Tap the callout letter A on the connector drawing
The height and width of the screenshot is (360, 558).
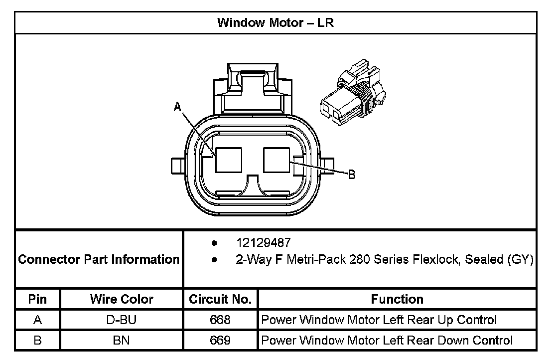177,106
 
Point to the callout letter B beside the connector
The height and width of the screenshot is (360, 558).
351,175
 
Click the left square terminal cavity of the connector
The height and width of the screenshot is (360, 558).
229,160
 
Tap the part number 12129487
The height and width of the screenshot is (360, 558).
263,243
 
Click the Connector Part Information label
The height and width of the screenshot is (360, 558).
99,259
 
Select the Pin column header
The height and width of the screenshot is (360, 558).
37,299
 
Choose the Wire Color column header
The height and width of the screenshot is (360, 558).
122,299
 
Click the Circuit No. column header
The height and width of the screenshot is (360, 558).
220,299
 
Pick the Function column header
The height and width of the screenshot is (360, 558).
397,299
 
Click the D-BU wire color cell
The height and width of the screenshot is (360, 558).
122,320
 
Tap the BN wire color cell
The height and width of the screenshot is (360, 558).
122,341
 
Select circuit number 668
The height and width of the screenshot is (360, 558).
220,320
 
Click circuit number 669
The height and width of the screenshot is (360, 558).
220,341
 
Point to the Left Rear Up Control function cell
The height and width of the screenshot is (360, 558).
379,320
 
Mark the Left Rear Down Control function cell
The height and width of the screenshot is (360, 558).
387,341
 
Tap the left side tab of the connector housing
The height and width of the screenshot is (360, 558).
177,165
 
